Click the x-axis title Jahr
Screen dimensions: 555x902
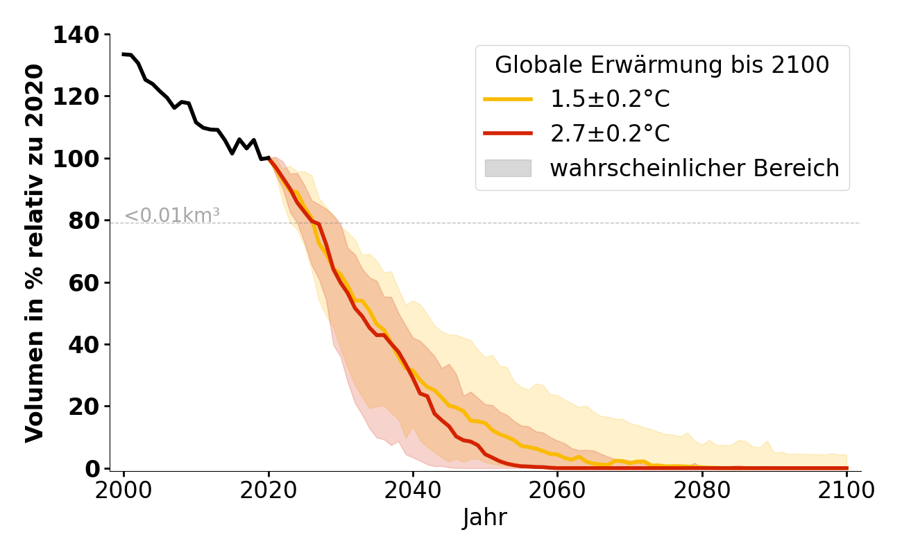pyautogui.click(x=485, y=518)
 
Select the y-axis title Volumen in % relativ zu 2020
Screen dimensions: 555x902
pyautogui.click(x=35, y=253)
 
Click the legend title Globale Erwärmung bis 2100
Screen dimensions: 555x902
pyautogui.click(x=662, y=65)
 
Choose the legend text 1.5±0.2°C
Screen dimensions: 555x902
pyautogui.click(x=610, y=100)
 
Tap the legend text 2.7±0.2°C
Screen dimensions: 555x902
pyautogui.click(x=610, y=134)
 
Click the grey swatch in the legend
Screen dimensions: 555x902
pyautogui.click(x=508, y=168)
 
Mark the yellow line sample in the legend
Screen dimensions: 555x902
pyautogui.click(x=508, y=100)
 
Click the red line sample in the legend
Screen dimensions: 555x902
pyautogui.click(x=508, y=134)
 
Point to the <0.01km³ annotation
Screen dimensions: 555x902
pyautogui.click(x=172, y=216)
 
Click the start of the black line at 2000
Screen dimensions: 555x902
pyautogui.click(x=124, y=54)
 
